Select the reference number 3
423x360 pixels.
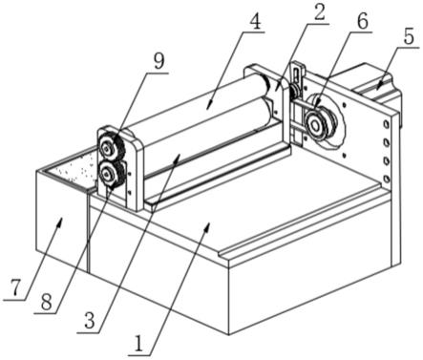pos(90,321)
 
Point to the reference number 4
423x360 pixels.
pos(255,21)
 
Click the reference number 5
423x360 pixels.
pos(409,36)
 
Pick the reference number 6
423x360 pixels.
pos(362,21)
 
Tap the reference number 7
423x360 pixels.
pos(15,288)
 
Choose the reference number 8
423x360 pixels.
pos(47,302)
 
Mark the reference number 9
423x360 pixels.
pos(159,61)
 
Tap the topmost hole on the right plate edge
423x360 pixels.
pos(386,124)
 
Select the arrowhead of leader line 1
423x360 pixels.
pos(208,225)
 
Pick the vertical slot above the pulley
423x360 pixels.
pos(296,76)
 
